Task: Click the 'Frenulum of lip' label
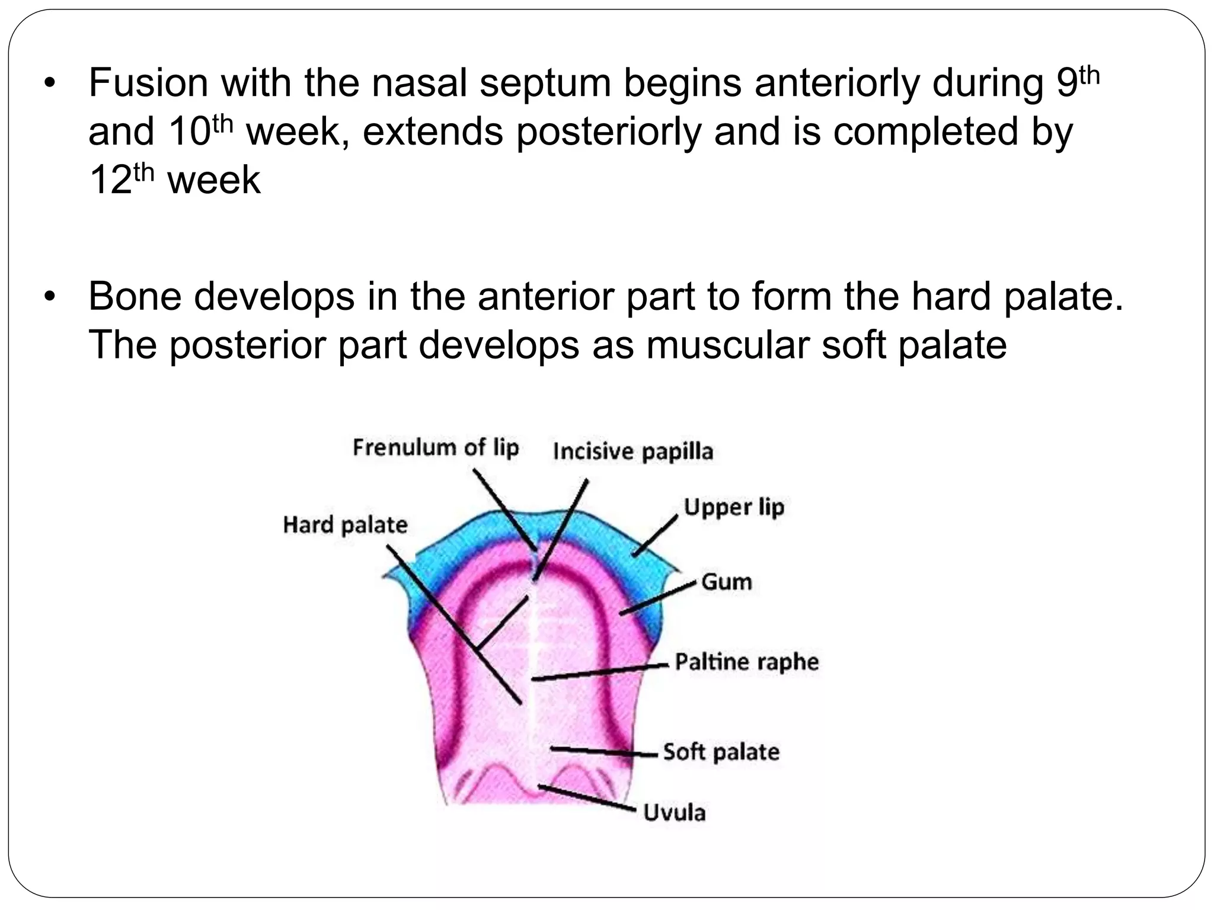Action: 436,448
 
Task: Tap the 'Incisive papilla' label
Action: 632,452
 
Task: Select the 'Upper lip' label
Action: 734,508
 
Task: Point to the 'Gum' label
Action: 726,582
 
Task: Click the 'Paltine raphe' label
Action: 746,662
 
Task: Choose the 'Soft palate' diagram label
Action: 721,752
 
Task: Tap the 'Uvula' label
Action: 675,812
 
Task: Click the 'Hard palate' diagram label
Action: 345,525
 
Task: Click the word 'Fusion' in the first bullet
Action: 148,83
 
